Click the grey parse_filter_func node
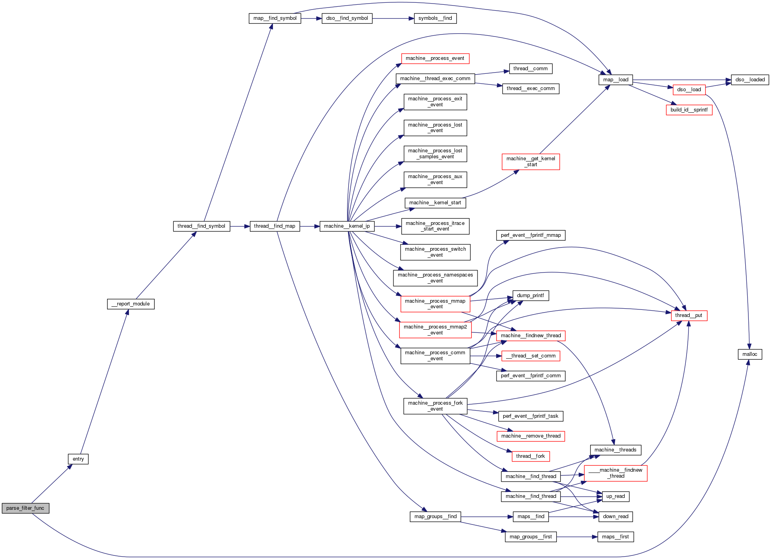coord(25,508)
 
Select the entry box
coord(78,459)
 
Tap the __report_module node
coord(130,304)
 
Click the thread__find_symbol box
coord(201,226)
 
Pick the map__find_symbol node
coord(275,18)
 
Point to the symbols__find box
coord(435,18)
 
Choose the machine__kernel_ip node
coord(347,226)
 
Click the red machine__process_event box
coord(435,58)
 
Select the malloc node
coord(750,354)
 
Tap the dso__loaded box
coord(750,80)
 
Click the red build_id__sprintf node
coord(689,110)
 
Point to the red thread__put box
coord(689,315)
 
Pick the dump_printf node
coord(530,296)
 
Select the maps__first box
coord(615,537)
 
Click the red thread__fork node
coord(530,456)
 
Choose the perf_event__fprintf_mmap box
coord(531,235)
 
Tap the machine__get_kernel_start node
coord(531,161)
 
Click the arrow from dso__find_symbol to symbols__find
coord(393,18)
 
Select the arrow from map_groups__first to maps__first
coord(577,537)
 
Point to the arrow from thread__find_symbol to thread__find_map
coord(240,226)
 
